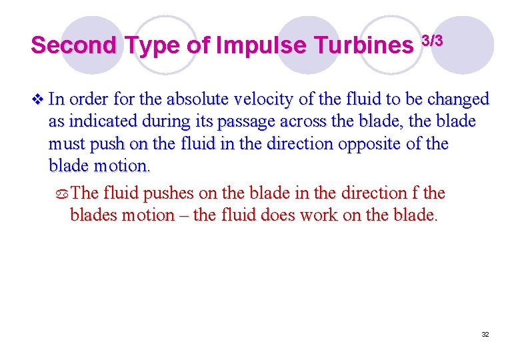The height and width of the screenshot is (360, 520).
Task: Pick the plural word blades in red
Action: click(x=93, y=216)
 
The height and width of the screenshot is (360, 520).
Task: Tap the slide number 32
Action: click(x=485, y=334)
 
